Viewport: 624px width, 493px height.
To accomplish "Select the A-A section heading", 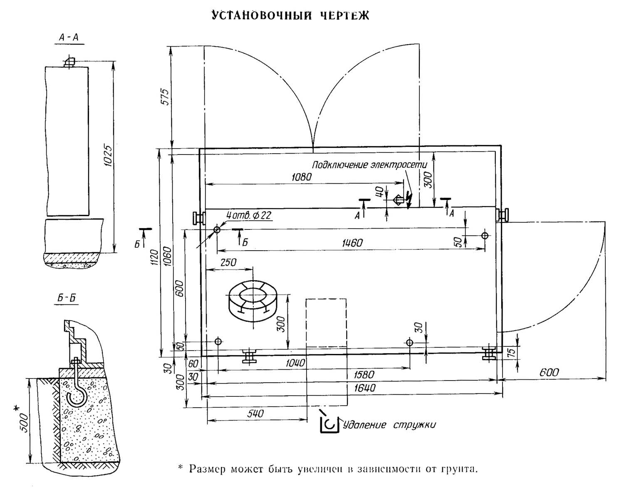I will pos(69,38).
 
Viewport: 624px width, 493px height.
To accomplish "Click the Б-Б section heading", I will pos(67,298).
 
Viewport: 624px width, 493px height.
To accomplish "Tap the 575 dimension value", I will pos(166,97).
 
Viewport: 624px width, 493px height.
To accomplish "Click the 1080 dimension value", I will pos(302,177).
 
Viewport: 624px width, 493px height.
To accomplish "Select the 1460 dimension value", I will pos(352,243).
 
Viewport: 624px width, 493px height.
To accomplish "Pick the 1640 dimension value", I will pos(365,388).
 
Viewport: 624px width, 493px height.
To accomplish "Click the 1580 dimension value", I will pos(364,374).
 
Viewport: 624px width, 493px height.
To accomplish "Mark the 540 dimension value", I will pos(255,413).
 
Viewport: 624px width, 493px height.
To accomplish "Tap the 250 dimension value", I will pos(228,263).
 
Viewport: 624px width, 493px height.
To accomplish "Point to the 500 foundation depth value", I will pos(25,423).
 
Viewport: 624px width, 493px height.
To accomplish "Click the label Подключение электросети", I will pos(369,165).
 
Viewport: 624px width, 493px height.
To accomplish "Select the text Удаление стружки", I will pos(389,425).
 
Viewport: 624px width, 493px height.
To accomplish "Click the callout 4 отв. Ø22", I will pos(249,215).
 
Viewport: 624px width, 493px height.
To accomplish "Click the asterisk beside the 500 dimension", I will pos(17,409).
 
